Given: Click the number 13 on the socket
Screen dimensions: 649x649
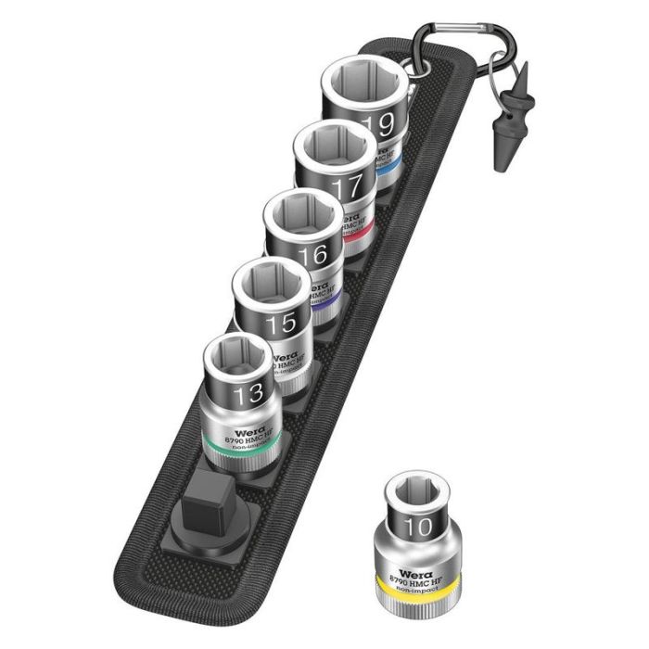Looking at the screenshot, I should [248, 395].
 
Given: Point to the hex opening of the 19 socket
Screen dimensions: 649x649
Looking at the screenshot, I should [363, 83].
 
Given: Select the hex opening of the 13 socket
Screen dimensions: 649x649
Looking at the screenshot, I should [237, 358].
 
